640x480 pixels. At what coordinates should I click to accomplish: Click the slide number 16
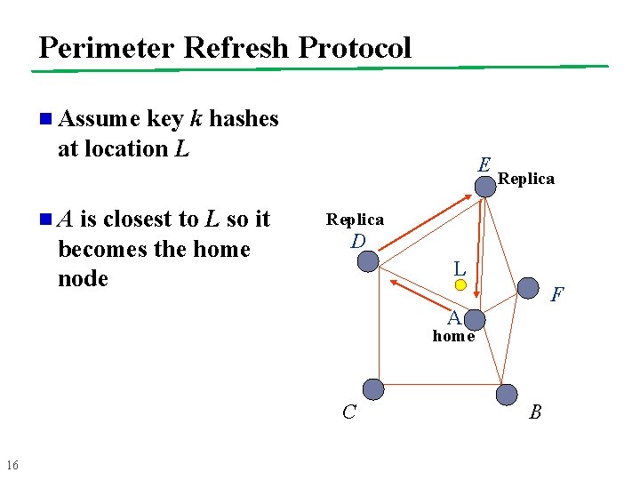pyautogui.click(x=12, y=465)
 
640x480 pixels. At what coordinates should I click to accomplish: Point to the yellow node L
pyautogui.click(x=460, y=285)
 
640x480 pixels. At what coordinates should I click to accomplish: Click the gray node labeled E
pyautogui.click(x=485, y=187)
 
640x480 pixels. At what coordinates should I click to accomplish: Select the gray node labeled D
pyautogui.click(x=367, y=260)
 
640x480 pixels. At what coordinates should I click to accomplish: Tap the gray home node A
pyautogui.click(x=476, y=320)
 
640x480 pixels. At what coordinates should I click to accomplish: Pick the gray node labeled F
pyautogui.click(x=528, y=287)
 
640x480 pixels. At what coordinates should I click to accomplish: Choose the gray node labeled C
pyautogui.click(x=374, y=388)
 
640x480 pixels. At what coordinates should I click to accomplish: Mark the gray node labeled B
pyautogui.click(x=506, y=394)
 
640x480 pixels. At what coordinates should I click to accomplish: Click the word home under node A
pyautogui.click(x=453, y=336)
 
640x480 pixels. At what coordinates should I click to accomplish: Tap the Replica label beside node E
pyautogui.click(x=526, y=179)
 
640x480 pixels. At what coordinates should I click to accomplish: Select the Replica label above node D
pyautogui.click(x=355, y=220)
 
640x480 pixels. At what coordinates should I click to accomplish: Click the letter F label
pyautogui.click(x=557, y=294)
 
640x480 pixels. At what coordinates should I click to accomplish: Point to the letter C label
pyautogui.click(x=349, y=412)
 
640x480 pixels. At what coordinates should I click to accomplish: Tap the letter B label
pyautogui.click(x=535, y=412)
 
